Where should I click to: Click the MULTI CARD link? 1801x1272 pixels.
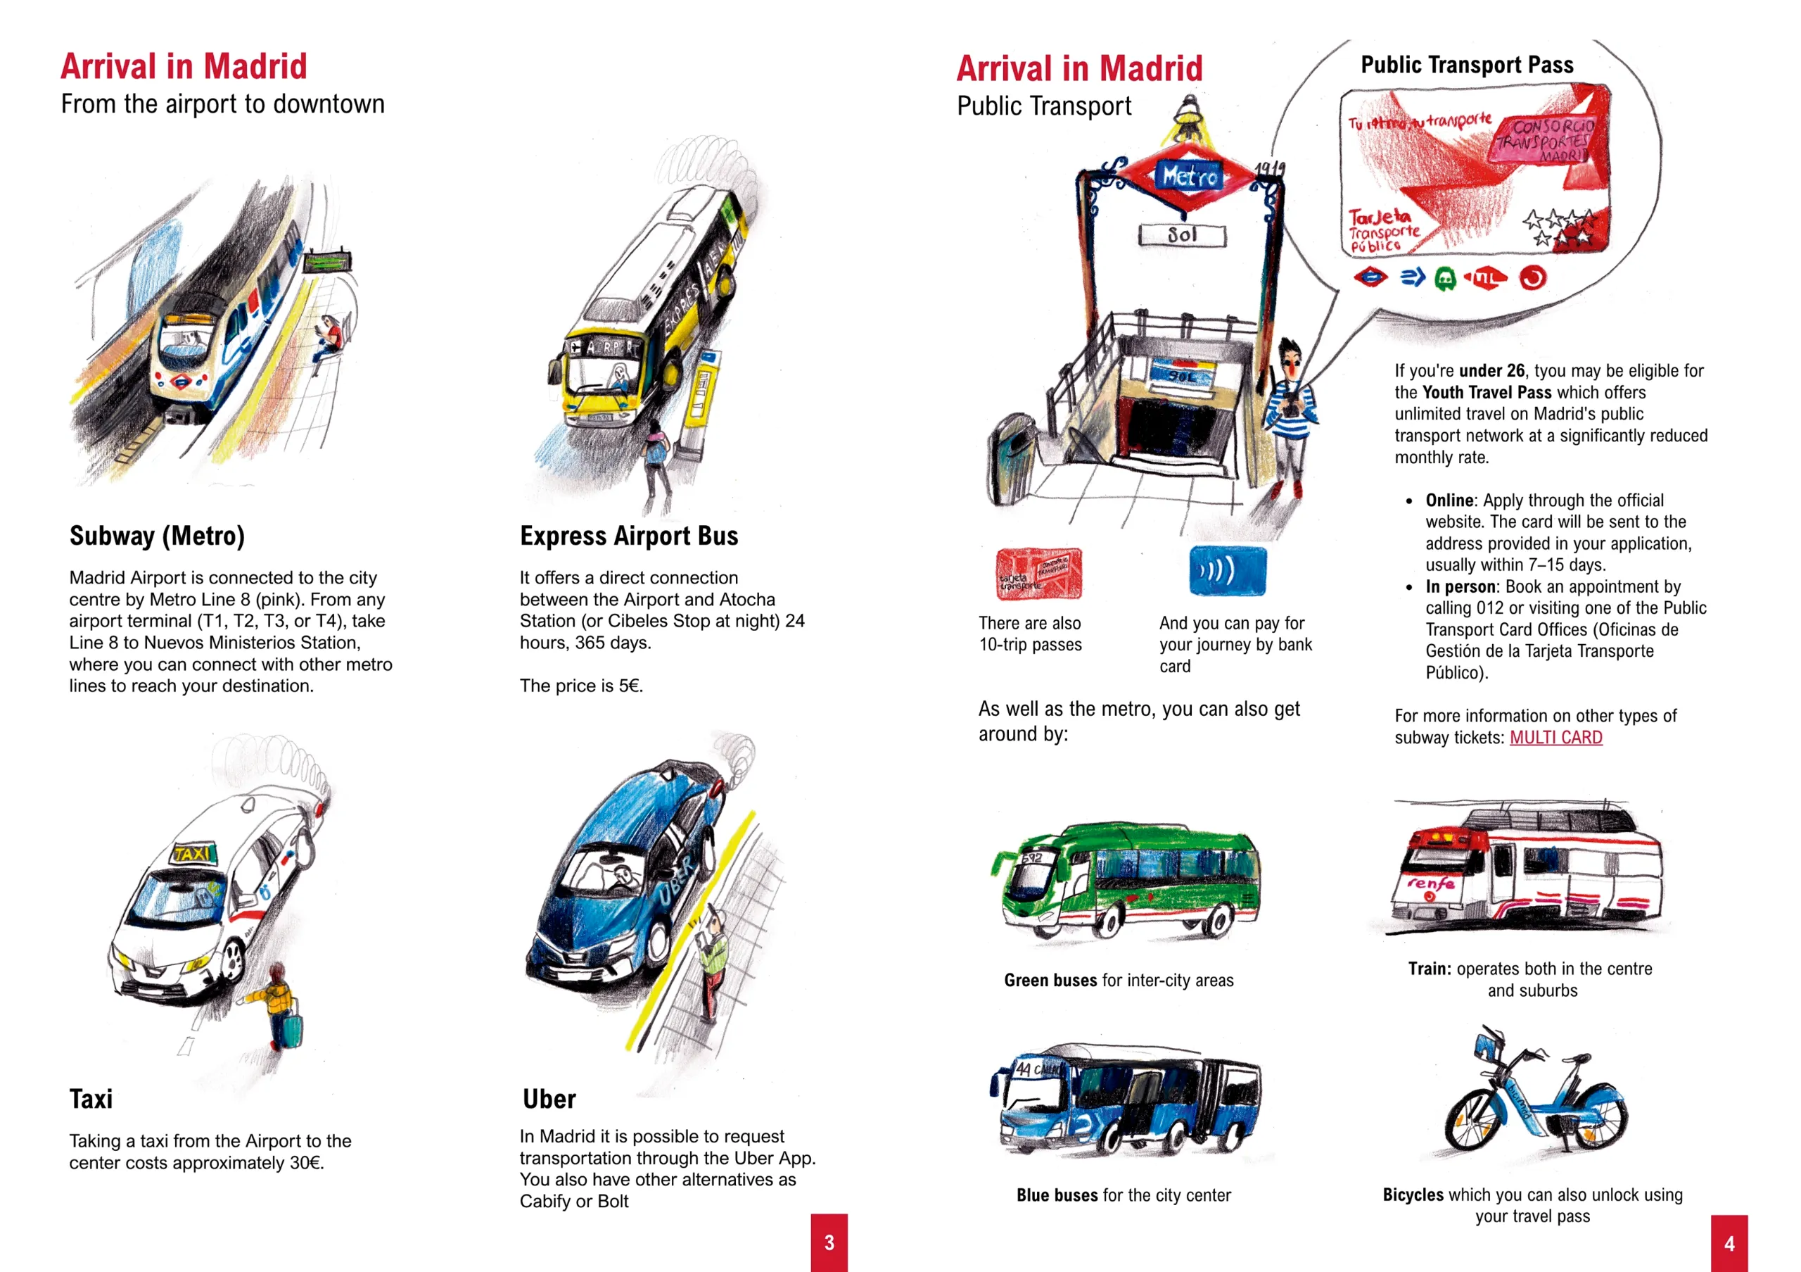click(1555, 738)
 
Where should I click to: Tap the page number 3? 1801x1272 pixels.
click(829, 1243)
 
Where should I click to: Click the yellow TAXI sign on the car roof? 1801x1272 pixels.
click(193, 853)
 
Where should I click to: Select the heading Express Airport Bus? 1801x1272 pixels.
click(629, 536)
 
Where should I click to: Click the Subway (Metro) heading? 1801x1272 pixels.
click(157, 536)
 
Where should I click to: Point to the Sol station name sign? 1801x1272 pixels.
click(1182, 234)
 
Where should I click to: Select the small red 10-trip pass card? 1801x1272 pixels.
click(1038, 574)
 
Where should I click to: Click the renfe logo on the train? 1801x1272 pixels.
click(1430, 883)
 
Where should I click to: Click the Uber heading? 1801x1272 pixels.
click(549, 1099)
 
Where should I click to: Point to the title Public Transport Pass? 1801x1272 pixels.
click(1467, 65)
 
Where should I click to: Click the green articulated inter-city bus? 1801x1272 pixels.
click(1126, 881)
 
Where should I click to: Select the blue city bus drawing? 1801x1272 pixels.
click(1126, 1099)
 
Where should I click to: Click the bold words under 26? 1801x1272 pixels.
click(1491, 370)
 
